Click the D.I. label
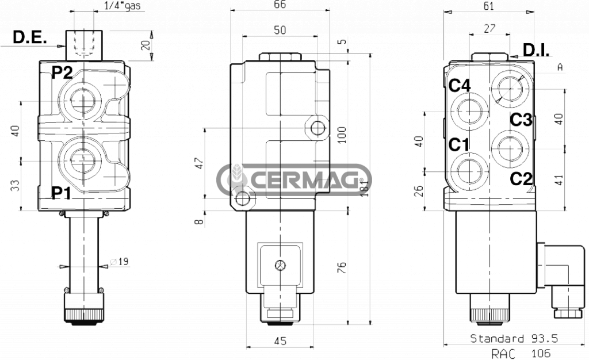pos(536,51)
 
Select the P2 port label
pos(63,72)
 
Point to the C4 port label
pos(460,86)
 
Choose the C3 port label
pos(522,120)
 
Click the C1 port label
pos(460,145)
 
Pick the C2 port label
pos(522,179)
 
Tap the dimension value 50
pos(280,30)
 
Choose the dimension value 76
pos(342,268)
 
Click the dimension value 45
pos(280,341)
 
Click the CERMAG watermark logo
pos(294,179)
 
